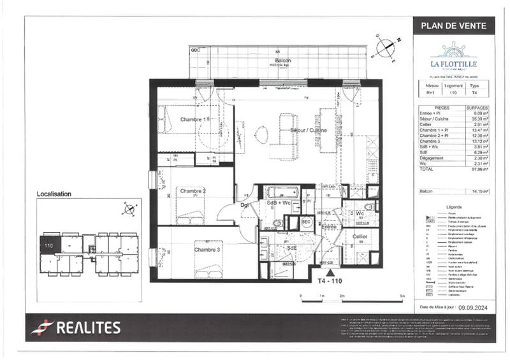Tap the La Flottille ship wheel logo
pyautogui.click(x=453, y=49)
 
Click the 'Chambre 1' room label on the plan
pyautogui.click(x=194, y=120)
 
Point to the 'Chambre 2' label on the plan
pyautogui.click(x=193, y=191)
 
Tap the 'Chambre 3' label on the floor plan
pyautogui.click(x=207, y=249)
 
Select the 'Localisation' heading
pyautogui.click(x=54, y=194)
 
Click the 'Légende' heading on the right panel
pyautogui.click(x=453, y=207)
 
